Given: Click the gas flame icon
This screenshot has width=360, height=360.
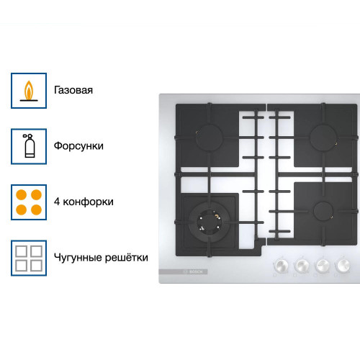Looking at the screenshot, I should click(x=29, y=91).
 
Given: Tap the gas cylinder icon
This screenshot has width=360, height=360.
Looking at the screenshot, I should click(x=29, y=146).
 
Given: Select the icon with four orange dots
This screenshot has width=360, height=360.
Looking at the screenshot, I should click(x=29, y=202).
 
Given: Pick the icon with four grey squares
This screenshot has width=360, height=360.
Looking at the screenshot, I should click(x=29, y=257).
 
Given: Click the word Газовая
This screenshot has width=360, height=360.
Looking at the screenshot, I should click(x=73, y=91).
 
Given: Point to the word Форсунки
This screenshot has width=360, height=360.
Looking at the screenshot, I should click(x=78, y=146).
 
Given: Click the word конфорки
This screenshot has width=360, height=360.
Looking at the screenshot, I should click(x=88, y=202).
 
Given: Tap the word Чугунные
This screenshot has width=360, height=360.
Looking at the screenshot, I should click(x=77, y=257).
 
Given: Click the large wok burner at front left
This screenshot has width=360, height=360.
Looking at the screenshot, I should click(x=209, y=220).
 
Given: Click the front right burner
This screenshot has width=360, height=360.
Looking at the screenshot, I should click(x=321, y=211).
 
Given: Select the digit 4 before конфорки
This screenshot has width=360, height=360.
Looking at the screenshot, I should click(x=57, y=202).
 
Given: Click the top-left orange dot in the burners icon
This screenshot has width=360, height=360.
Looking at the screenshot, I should click(x=22, y=194).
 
